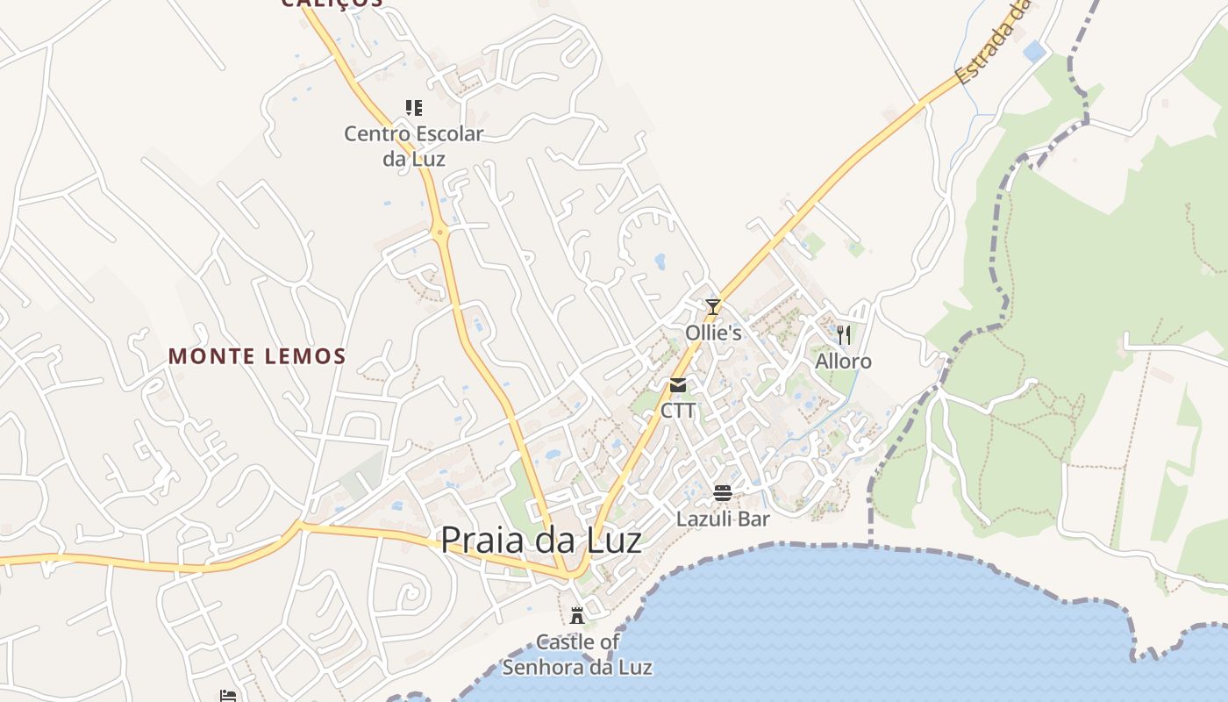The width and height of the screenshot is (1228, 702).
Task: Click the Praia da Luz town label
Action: tap(540, 540)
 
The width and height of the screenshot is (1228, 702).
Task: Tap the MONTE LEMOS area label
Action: tap(257, 356)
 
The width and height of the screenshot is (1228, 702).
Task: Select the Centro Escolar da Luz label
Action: tap(414, 146)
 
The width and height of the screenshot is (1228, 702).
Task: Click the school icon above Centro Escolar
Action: tap(414, 108)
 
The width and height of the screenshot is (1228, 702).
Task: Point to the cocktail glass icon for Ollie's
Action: tap(713, 307)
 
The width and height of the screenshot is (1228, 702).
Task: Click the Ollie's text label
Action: tap(713, 333)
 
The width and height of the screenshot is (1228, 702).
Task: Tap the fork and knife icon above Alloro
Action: tap(843, 334)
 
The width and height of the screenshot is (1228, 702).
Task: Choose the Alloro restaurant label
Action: tap(843, 362)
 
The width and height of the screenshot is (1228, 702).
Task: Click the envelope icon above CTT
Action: tap(678, 385)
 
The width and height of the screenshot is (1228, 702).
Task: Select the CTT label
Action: tap(678, 411)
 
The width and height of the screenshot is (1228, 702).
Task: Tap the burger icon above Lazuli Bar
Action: tap(723, 493)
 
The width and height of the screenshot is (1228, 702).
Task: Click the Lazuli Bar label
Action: tap(723, 519)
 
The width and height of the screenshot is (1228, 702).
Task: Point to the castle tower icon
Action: tap(577, 615)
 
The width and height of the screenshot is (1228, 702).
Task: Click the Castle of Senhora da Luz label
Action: tap(577, 655)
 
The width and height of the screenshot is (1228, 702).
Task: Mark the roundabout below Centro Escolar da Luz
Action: tap(440, 233)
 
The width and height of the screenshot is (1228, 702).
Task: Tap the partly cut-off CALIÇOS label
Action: tap(332, 4)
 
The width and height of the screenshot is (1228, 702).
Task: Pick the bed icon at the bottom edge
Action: tap(228, 696)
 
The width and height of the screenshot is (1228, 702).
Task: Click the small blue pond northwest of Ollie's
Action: tap(660, 261)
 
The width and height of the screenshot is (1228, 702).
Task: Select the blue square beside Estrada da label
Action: tap(1035, 51)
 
